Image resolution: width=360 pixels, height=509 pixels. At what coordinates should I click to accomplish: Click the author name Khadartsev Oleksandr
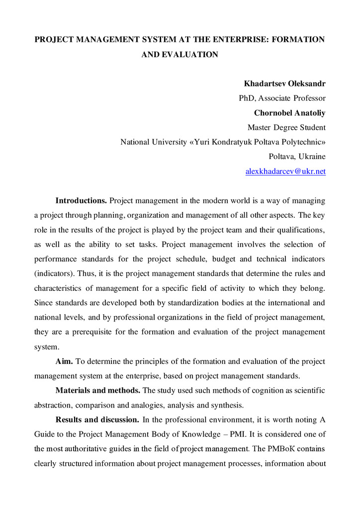[x=284, y=83]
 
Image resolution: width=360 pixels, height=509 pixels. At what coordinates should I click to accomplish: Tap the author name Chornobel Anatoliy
[x=290, y=112]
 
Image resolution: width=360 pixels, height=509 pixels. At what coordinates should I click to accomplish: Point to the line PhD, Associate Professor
[x=282, y=98]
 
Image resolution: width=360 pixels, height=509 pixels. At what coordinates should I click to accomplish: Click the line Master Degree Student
[x=286, y=127]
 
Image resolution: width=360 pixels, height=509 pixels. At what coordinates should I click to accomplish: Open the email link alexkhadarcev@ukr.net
[x=286, y=171]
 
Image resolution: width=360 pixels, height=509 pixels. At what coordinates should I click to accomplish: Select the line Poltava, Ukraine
[x=297, y=157]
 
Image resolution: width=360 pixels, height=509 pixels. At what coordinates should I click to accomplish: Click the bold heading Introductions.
[x=81, y=201]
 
